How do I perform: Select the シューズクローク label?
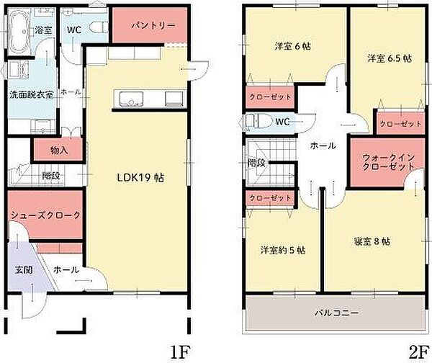[x=44, y=215]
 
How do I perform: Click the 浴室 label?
[x=43, y=30]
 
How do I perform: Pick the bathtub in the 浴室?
[x=20, y=30]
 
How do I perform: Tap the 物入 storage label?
[x=60, y=151]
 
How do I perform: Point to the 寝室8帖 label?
[x=372, y=241]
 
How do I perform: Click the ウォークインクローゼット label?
[x=387, y=161]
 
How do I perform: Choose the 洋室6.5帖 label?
[x=389, y=58]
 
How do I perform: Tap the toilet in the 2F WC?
[x=257, y=121]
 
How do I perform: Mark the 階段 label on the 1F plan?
[x=50, y=175]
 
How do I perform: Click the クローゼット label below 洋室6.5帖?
[x=400, y=124]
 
